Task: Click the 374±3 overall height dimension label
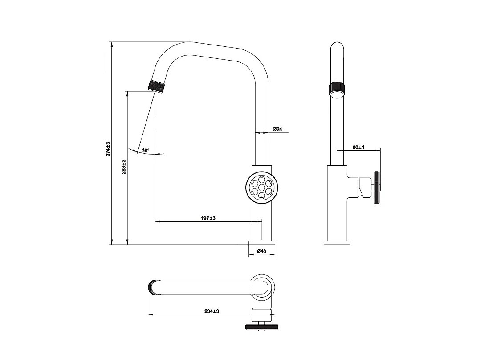(108, 149)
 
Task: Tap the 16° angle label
(146, 151)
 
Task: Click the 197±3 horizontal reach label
(207, 218)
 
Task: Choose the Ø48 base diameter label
(261, 251)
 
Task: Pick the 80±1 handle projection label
(358, 147)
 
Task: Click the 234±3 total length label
(211, 311)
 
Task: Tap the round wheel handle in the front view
(262, 187)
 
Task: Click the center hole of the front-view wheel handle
(262, 187)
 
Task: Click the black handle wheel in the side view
(377, 188)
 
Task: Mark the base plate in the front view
(262, 242)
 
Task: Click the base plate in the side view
(337, 242)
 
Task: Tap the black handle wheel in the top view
(261, 328)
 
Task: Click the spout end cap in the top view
(153, 287)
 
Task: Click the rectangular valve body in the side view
(337, 203)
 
